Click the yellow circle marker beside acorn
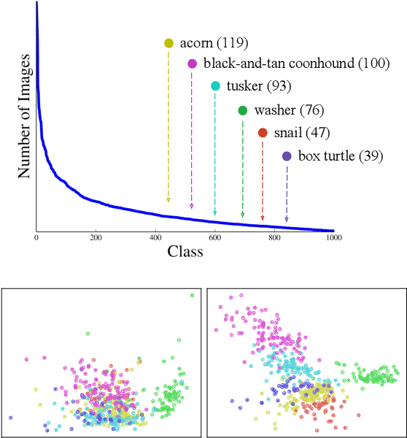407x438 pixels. click(168, 44)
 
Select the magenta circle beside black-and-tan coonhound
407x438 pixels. click(192, 64)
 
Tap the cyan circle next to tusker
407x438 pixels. click(215, 87)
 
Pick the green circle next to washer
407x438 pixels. click(242, 111)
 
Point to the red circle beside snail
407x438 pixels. click(263, 133)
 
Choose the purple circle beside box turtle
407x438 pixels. click(287, 156)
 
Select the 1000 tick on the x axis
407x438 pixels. click(334, 238)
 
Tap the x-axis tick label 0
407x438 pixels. click(36, 238)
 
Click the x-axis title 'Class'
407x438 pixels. click(185, 252)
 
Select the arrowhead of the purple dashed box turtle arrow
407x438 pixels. click(287, 219)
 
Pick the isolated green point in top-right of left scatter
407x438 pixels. click(192, 295)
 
